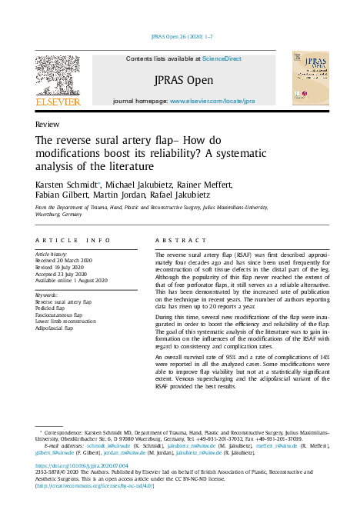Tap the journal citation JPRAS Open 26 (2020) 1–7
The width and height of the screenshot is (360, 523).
pyautogui.click(x=179, y=37)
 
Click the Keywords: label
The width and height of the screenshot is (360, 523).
pyautogui.click(x=48, y=295)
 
